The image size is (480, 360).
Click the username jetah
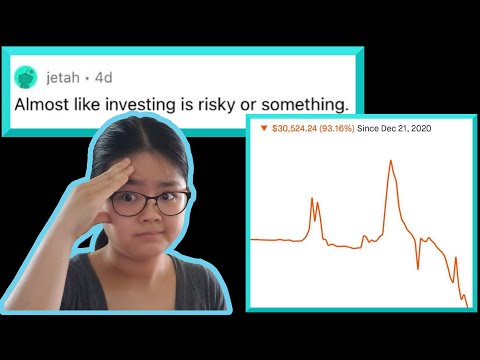[x=66, y=75]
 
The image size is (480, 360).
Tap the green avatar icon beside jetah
[x=28, y=76]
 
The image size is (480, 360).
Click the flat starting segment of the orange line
[x=275, y=240]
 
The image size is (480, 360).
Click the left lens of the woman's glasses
[x=130, y=203]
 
